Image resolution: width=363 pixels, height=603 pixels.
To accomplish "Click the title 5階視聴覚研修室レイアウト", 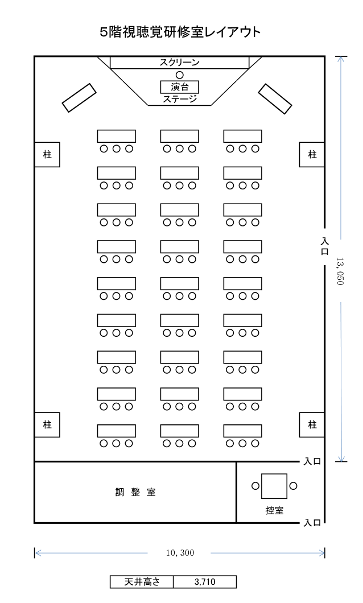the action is coord(180,32).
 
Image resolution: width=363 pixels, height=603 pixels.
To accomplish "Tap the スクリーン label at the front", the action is coord(180,63).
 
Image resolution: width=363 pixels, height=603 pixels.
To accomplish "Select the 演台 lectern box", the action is coord(180,86).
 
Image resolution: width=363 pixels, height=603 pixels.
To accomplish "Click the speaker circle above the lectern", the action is coord(180,75).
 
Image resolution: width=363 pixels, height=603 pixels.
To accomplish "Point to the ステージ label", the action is coord(180,99).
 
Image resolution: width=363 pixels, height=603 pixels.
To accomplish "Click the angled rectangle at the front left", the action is coord(79,98).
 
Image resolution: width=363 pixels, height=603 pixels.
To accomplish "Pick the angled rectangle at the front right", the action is coord(275,99).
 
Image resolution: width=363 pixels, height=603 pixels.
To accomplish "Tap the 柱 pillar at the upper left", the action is coord(47,155).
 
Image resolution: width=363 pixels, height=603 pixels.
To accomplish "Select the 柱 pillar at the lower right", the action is coord(312,424).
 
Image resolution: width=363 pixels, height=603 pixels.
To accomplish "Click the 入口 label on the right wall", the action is coord(325,246).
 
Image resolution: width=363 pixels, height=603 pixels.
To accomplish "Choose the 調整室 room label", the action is coord(135,492).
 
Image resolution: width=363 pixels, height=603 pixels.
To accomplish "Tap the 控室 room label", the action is coord(275,510).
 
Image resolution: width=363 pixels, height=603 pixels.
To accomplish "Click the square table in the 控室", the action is coord(274,486).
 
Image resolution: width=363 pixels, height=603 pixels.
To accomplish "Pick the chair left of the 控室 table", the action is coord(255,486).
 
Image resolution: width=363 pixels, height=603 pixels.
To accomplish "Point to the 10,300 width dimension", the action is coord(180,553).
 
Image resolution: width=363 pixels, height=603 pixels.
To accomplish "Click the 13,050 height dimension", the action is coord(340,271).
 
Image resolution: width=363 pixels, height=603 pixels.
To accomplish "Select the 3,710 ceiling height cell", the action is coord(205,582).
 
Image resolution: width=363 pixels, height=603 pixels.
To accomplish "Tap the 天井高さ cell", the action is coord(142,582).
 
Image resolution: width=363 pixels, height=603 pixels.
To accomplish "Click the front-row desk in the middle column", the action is coord(180,136).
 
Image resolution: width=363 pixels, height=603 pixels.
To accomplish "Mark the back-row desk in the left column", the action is coord(117,431).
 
